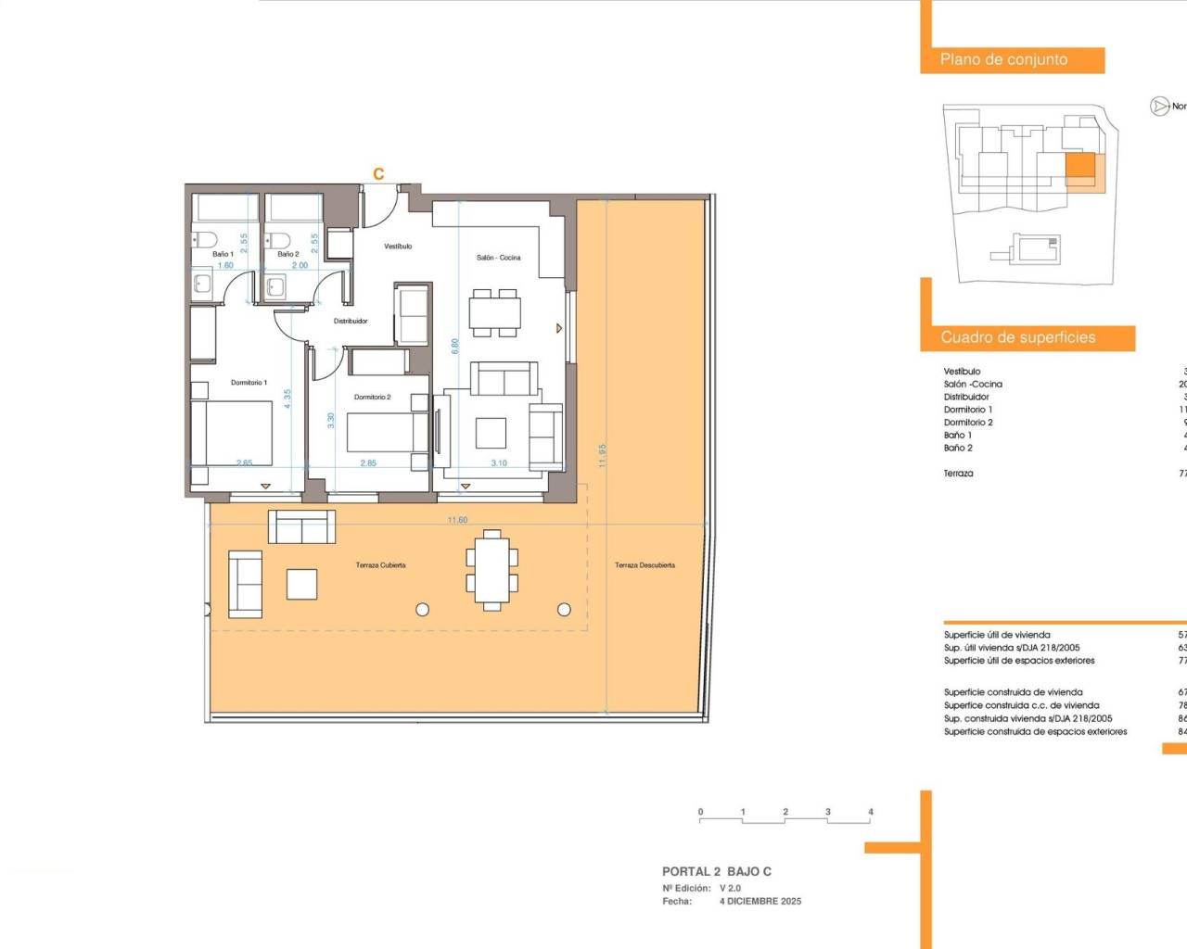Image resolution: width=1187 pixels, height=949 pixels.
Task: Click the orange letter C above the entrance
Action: click(378, 174)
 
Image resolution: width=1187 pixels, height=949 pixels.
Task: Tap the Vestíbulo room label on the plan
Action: click(398, 247)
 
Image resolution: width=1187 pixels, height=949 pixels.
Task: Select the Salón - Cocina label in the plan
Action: click(498, 258)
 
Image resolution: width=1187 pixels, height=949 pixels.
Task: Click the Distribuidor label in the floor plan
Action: click(351, 322)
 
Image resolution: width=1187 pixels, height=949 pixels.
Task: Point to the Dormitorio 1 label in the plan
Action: click(249, 383)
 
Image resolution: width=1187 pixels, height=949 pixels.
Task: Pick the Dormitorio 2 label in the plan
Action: click(372, 398)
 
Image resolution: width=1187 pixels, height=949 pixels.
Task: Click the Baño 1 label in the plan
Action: click(223, 254)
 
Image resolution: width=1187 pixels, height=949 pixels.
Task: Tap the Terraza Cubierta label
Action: click(380, 565)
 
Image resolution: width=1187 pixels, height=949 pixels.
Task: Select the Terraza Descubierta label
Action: click(645, 565)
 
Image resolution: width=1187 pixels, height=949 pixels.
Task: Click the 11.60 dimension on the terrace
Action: click(457, 521)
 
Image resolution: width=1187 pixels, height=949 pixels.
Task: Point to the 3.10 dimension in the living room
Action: click(499, 463)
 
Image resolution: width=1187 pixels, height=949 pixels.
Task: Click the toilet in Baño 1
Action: click(205, 239)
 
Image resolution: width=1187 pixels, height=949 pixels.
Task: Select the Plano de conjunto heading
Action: click(1003, 60)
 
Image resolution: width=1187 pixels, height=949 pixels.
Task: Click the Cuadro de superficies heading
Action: click(1017, 338)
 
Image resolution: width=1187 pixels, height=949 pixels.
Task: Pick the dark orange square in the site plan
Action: click(1079, 165)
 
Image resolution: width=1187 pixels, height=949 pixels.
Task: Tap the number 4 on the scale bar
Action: click(870, 812)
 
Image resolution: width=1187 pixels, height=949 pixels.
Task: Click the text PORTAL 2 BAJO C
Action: click(716, 872)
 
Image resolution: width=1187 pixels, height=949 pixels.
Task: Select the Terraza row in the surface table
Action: click(959, 474)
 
